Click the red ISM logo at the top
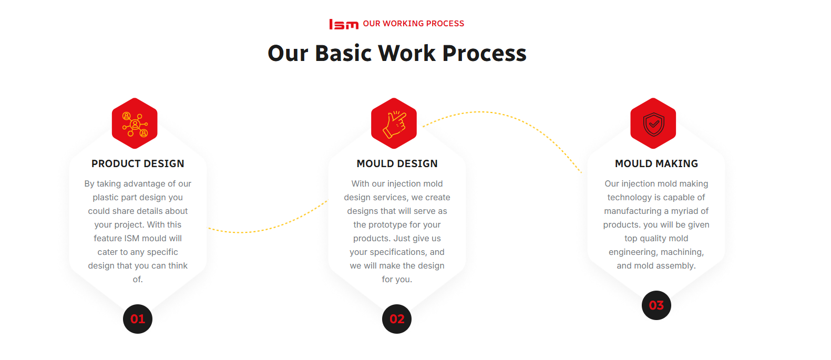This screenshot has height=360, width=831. [x=344, y=24]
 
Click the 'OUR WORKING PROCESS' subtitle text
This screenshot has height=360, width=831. [x=413, y=24]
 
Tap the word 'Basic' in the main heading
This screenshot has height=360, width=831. [x=343, y=53]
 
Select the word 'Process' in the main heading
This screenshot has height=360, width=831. [x=484, y=53]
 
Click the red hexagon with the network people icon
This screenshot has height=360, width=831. [x=135, y=124]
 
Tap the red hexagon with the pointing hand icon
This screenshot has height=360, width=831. [x=394, y=124]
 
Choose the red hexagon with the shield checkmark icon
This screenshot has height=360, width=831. [x=653, y=124]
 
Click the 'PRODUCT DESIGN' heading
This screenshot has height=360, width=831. [x=138, y=163]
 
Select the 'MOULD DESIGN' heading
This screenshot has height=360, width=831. [x=397, y=163]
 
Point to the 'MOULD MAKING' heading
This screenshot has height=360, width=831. [x=656, y=163]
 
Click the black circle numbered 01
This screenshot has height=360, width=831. [x=138, y=319]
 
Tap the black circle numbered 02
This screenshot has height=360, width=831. [x=397, y=319]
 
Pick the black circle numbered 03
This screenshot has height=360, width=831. [x=656, y=305]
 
